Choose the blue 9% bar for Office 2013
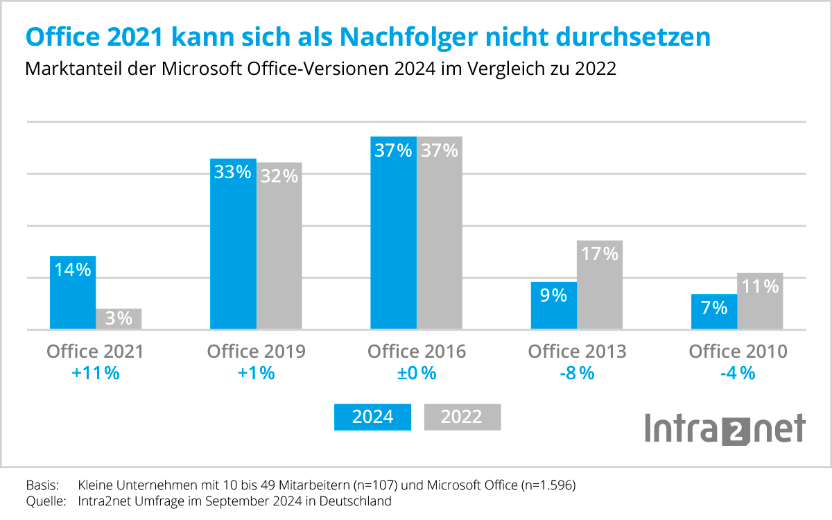pos(554,306)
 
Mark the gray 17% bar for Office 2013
pos(600,285)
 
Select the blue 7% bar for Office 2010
pos(714,312)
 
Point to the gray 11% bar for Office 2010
pos(760,301)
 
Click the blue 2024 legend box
pos(373,417)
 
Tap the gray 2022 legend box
pos(462,417)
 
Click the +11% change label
pos(95,373)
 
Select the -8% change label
pos(577,373)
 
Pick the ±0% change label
pos(417,373)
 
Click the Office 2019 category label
pos(256,352)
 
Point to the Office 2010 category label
pos(738,352)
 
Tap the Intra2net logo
pos(725,428)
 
